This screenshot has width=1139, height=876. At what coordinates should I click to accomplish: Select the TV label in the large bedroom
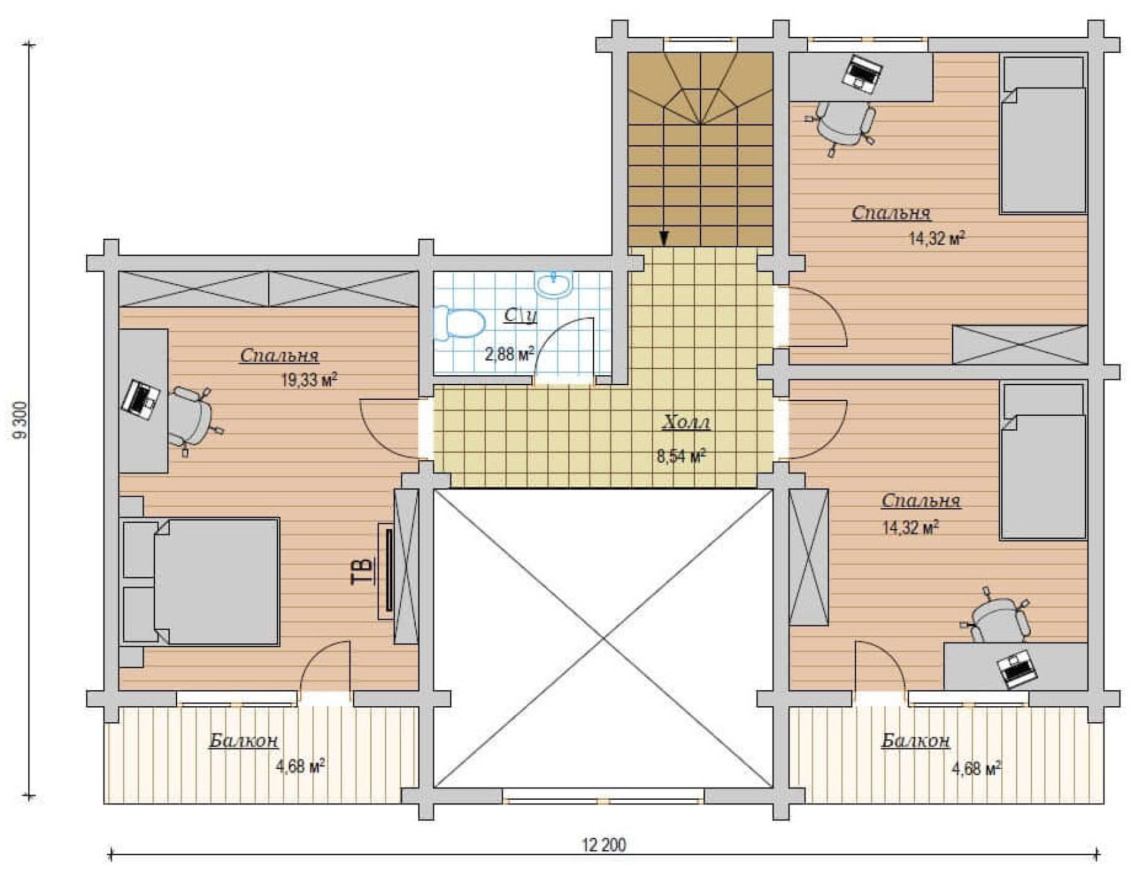click(362, 571)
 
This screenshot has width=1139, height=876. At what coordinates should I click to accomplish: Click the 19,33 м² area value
click(309, 380)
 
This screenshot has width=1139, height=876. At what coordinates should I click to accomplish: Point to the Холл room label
click(686, 423)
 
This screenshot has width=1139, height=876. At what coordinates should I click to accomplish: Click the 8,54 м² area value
click(682, 457)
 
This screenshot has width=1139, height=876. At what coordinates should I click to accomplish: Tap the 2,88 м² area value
click(509, 354)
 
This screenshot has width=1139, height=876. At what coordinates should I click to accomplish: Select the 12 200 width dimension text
click(604, 845)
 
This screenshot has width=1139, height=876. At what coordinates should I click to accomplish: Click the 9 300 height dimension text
click(20, 420)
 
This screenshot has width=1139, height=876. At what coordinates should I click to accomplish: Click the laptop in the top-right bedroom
click(863, 72)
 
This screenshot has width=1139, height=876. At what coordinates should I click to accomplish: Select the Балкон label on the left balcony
click(243, 741)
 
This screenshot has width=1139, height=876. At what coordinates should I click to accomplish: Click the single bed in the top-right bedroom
click(1043, 135)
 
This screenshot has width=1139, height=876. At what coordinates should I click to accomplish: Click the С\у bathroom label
click(520, 315)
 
